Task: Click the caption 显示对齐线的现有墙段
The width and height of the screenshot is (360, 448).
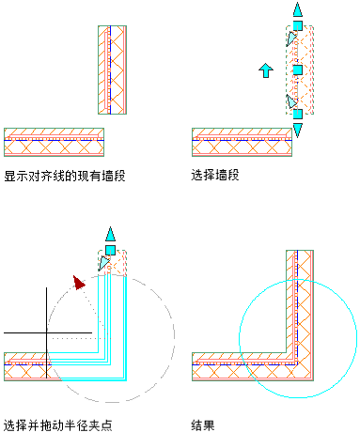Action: point(65,176)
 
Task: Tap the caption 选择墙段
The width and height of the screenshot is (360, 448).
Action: point(215,175)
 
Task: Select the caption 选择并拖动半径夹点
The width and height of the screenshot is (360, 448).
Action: point(58,425)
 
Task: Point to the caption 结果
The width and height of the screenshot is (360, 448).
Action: point(203,425)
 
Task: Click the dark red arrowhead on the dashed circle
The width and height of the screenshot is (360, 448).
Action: point(79,283)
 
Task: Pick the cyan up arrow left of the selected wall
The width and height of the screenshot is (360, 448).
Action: point(266,70)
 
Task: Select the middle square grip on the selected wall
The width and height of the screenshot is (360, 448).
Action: point(298,70)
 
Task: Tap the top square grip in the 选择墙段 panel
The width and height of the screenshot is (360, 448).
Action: point(298,25)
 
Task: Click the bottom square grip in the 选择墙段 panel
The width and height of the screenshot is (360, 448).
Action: point(298,114)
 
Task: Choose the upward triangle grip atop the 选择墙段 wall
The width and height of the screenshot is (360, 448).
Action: point(298,10)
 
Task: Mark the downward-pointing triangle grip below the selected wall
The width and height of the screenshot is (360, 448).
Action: point(298,130)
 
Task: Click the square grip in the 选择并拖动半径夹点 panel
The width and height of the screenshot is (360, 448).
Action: point(110,251)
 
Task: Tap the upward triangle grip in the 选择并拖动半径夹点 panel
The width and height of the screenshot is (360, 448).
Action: point(110,234)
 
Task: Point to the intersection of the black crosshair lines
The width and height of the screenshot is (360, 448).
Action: point(47,332)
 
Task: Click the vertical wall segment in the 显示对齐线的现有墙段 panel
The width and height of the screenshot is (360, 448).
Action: point(112,70)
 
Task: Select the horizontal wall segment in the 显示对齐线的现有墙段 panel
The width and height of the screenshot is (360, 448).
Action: point(54,142)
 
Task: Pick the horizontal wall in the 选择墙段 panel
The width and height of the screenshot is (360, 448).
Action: point(242,142)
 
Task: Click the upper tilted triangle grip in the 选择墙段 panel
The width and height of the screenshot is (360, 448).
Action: point(291,39)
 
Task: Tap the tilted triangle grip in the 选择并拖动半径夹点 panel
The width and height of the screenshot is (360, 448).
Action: point(103,263)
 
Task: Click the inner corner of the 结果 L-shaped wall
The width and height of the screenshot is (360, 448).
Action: point(287,352)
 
